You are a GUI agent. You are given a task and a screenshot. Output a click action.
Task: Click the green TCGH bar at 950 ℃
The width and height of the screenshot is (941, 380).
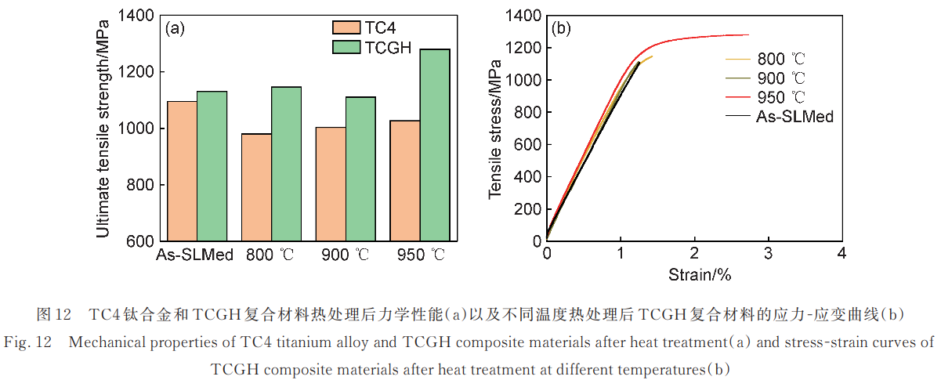coord(435,145)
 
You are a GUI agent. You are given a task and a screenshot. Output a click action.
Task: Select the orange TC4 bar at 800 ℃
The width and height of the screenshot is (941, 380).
coord(256,187)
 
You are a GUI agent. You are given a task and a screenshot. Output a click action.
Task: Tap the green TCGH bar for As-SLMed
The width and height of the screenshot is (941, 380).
coord(212,166)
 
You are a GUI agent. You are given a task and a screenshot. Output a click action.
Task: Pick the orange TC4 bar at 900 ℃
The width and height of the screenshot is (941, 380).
coord(331,184)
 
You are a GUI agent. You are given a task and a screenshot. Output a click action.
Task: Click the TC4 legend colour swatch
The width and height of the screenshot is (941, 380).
coord(345,28)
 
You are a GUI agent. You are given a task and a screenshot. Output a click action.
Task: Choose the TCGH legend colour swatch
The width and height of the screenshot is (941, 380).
coord(345,48)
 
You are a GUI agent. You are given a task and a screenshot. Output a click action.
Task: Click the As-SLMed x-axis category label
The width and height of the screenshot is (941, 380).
coord(194,255)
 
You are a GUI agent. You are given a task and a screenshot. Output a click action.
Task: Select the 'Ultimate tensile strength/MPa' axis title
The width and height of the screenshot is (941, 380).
coord(103,128)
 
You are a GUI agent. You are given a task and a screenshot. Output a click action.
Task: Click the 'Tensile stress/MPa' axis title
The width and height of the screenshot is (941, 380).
coord(494,128)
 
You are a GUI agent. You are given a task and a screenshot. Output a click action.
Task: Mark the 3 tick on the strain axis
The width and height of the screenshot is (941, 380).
coord(768,254)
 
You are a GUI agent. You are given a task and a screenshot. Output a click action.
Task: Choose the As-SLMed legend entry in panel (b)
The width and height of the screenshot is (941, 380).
coord(794,116)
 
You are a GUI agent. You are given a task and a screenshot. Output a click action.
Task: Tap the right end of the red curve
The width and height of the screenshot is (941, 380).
coord(748,34)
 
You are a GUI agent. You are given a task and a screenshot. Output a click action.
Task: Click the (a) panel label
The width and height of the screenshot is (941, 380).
coord(175,29)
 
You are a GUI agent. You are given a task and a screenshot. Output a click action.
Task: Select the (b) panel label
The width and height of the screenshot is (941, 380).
coord(561,29)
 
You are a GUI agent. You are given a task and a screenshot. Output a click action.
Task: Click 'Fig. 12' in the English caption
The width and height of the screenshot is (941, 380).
coord(29,342)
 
